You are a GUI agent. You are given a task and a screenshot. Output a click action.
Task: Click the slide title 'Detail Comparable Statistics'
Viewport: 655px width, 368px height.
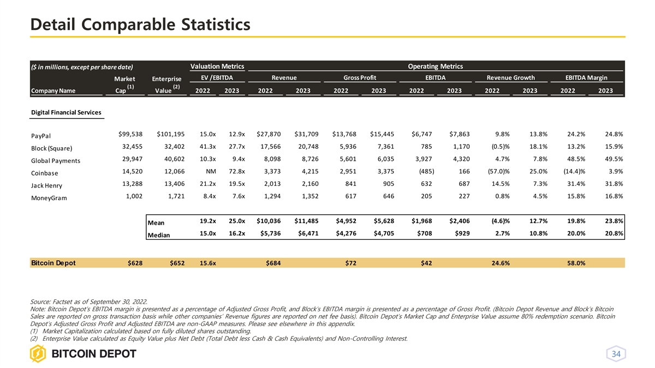tap(140, 25)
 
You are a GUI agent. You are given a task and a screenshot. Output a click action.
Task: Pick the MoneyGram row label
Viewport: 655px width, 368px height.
tap(49, 198)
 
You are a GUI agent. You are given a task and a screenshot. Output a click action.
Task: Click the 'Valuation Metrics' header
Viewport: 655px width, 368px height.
tap(217, 67)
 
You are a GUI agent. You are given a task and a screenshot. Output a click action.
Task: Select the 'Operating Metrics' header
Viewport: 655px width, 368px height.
tap(435, 67)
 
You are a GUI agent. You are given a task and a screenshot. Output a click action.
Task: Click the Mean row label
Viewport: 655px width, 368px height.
tap(156, 222)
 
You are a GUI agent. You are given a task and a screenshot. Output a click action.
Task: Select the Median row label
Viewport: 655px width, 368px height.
tap(159, 235)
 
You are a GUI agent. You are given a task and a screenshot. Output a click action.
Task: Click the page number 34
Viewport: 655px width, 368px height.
tap(616, 354)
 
